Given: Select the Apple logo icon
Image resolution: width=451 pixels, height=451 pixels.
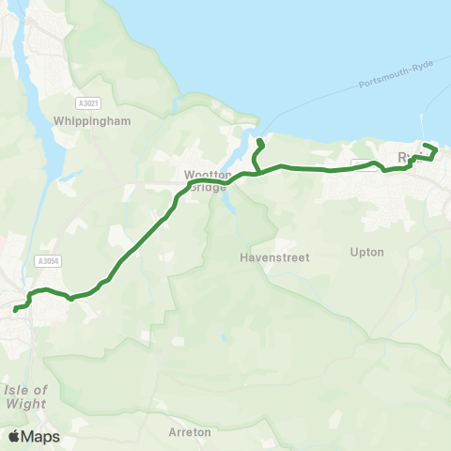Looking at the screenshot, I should point(14,436).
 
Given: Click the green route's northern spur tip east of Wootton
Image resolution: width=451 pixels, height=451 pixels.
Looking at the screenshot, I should point(258,142).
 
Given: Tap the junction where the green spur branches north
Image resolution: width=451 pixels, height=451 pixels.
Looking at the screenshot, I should point(256,173).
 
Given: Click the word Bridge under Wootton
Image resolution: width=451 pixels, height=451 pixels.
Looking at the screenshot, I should point(208,186).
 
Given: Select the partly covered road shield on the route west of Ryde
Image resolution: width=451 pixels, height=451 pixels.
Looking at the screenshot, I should point(365,165).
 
